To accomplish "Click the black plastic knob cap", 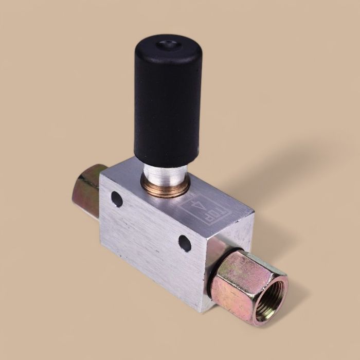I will click(167, 98).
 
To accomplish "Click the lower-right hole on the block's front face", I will click(185, 243).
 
